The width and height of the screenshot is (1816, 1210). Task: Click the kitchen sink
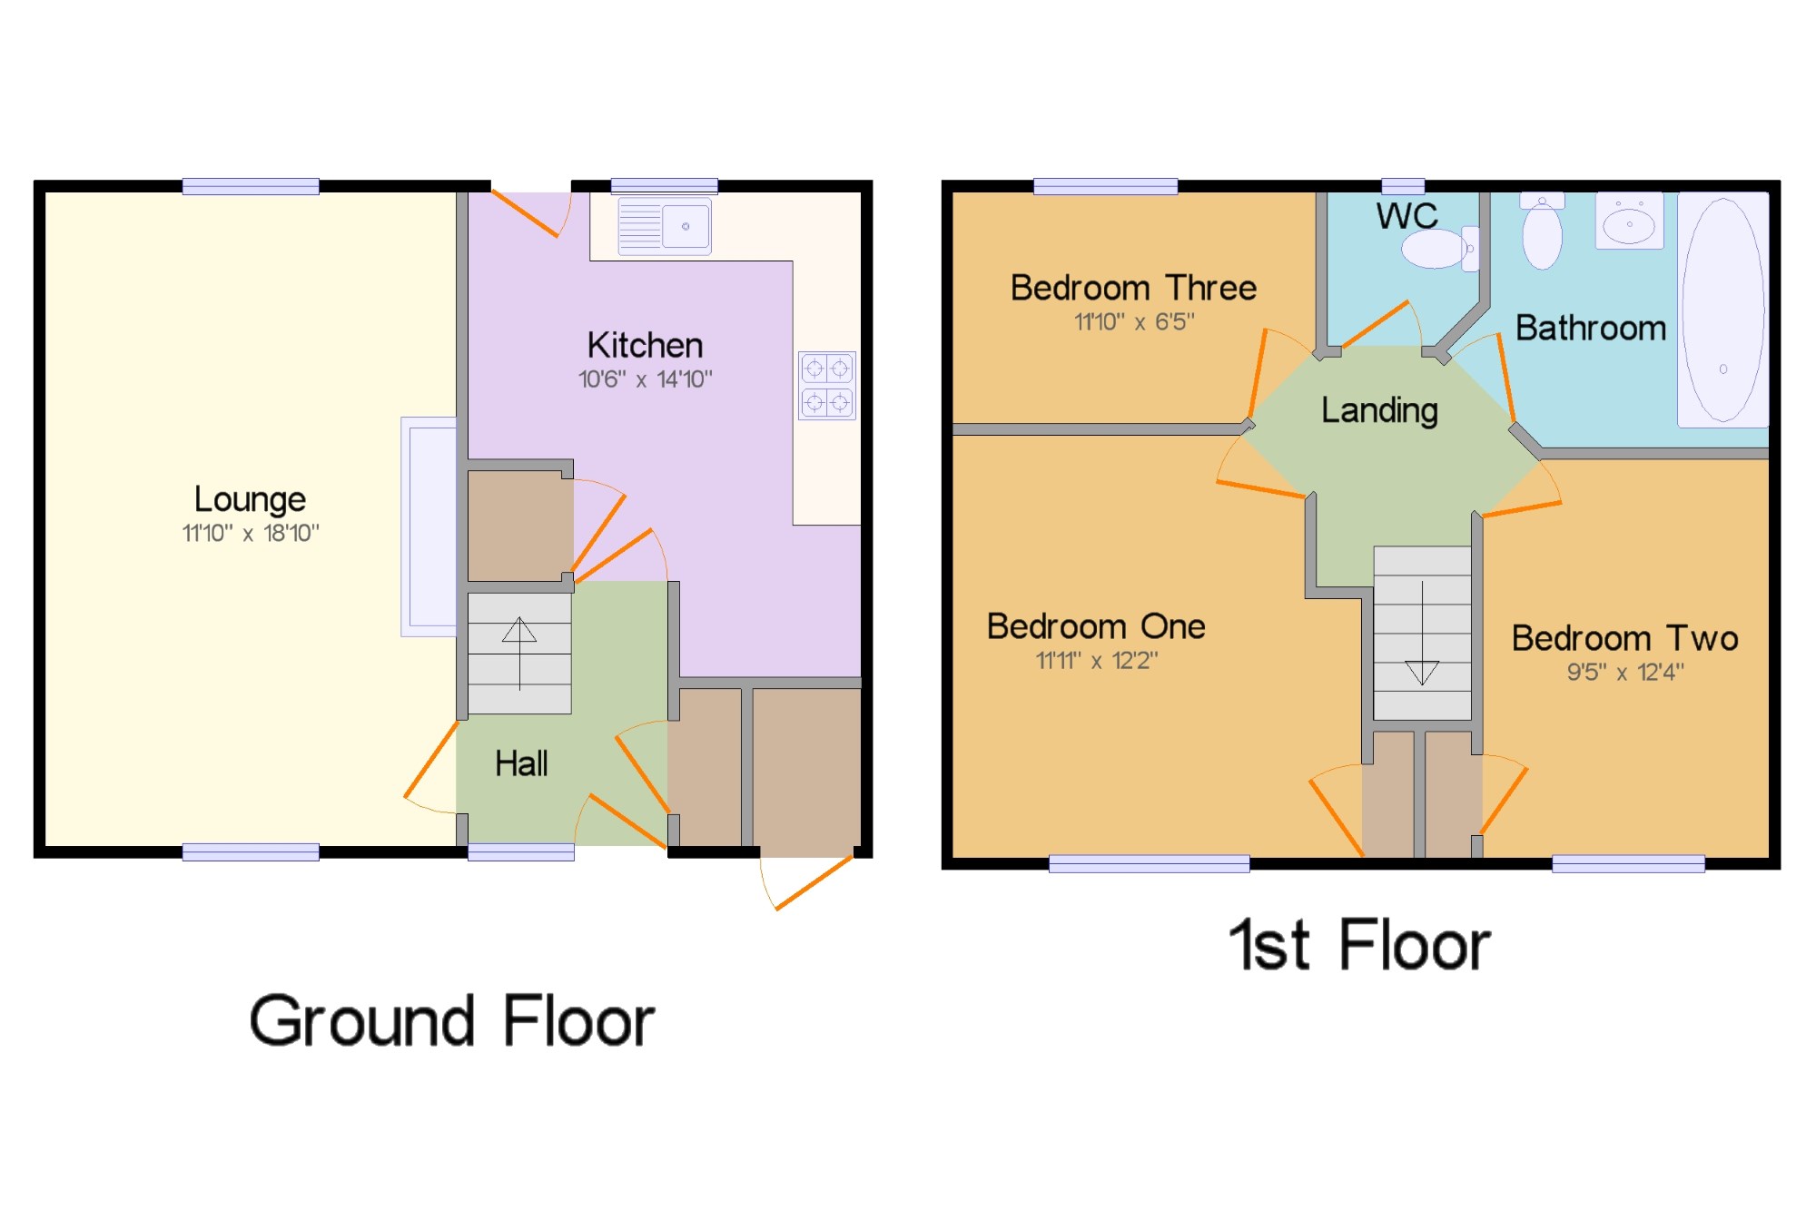point(665,226)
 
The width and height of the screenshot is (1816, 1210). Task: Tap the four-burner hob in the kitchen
point(827,386)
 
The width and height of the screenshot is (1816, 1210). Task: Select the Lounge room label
point(250,499)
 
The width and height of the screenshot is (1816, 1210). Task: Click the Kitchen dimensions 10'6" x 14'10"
point(646,379)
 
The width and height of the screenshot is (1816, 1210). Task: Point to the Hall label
point(521,763)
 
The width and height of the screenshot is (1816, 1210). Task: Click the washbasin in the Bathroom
point(1629,221)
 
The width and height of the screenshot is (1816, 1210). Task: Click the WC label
point(1406,216)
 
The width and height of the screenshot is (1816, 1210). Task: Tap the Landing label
point(1379,410)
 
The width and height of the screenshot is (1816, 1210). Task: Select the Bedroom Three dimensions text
point(1134,322)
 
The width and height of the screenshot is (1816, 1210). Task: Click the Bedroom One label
point(1096,626)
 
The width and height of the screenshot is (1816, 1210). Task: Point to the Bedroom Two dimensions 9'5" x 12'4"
point(1624,673)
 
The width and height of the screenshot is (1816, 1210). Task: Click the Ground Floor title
point(451,1021)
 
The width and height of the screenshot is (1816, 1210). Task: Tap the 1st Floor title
point(1359,946)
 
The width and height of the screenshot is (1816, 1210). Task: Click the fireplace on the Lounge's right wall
point(429,526)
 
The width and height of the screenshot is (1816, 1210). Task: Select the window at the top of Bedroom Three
point(1105,187)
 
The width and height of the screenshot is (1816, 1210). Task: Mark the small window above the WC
point(1403,187)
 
